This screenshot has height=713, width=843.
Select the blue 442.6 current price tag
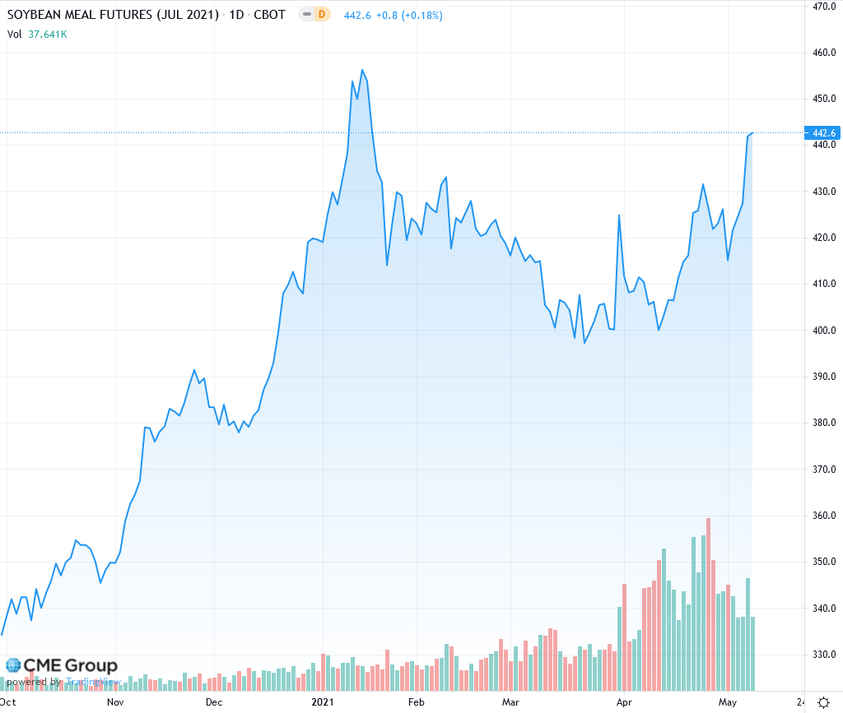(824, 133)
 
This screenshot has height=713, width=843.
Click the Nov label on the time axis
(115, 702)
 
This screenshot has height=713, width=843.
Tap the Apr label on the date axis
(624, 702)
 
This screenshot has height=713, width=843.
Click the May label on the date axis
(727, 702)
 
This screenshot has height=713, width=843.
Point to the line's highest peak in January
(362, 70)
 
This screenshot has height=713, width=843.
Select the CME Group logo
(62, 665)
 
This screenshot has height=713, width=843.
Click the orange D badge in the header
(322, 15)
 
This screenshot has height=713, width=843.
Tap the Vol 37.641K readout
(38, 35)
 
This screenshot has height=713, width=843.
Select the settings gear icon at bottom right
(823, 702)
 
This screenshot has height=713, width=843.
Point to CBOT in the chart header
(268, 15)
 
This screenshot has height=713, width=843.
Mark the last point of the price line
(752, 132)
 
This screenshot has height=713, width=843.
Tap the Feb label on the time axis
(416, 702)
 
